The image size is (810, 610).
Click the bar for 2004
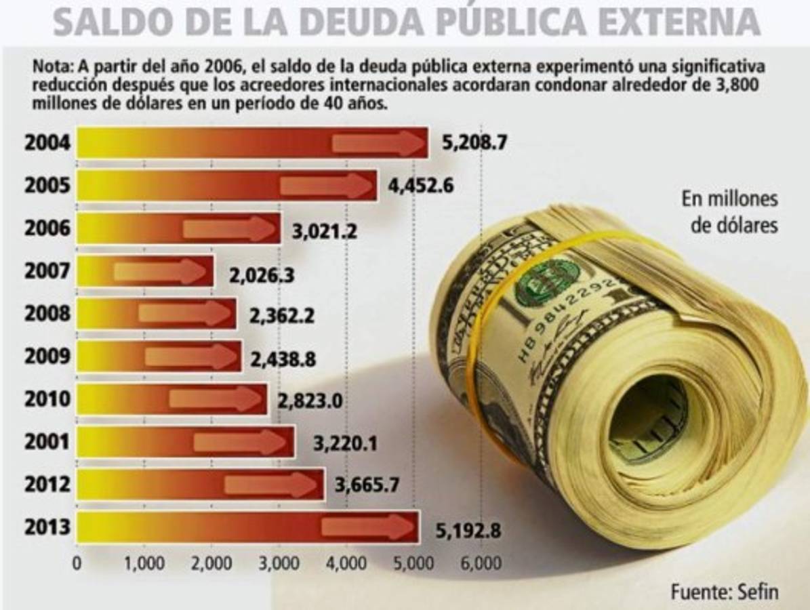click(251, 143)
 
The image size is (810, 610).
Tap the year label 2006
click(47, 228)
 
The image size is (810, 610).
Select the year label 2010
click(47, 399)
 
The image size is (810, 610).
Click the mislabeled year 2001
click(47, 442)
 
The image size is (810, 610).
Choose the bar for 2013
click(247, 527)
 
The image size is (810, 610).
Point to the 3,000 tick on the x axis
click(279, 564)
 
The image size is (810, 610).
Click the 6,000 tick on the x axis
click(481, 564)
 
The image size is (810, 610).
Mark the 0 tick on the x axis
click(77, 564)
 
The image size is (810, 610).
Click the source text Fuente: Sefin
click(724, 591)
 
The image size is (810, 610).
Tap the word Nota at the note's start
click(53, 68)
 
